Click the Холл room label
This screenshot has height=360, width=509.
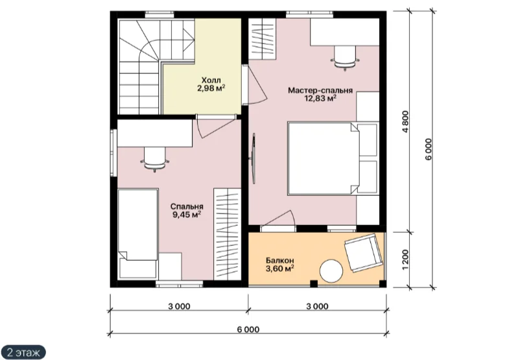211,80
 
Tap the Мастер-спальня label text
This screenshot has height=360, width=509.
320,90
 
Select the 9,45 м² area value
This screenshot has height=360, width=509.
187,215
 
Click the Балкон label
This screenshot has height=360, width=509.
280,260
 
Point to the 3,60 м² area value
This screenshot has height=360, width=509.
280,269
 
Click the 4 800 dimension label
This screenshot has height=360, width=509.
406,122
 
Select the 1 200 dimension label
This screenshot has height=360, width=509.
406,259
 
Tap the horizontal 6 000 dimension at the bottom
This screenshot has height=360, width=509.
248,330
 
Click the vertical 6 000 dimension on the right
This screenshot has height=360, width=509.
429,149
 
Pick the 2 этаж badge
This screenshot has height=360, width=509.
23,352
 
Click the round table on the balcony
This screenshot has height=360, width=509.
331,271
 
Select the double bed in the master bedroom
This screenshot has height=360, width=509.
333,158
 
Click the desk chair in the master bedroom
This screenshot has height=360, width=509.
345,58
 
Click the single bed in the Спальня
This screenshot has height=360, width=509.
137,234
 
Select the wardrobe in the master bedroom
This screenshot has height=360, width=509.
263,39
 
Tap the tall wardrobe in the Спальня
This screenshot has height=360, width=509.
227,234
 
